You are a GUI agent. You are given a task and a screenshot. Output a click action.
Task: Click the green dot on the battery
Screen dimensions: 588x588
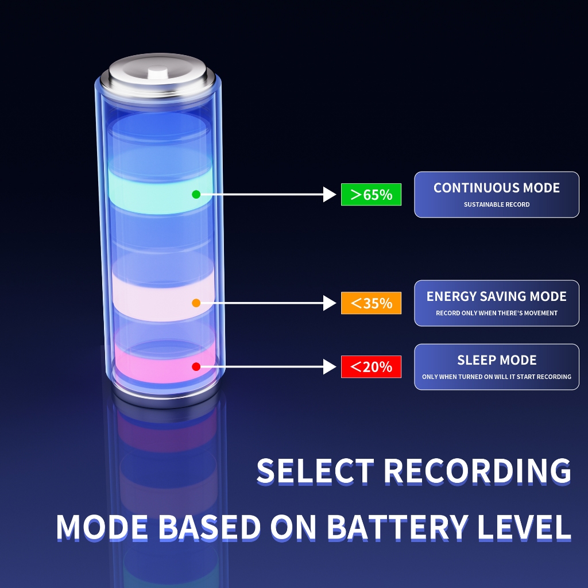(x=196, y=194)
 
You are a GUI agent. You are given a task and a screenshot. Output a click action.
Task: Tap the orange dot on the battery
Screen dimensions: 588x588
(x=196, y=303)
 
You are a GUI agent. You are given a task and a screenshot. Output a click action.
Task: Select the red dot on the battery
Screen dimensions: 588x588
(x=196, y=366)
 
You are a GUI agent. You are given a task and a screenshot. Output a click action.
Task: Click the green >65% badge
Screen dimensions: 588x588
(x=371, y=194)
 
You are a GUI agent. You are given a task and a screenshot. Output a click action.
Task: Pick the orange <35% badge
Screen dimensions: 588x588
(x=371, y=303)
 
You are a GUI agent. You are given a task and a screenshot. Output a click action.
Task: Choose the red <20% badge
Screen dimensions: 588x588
(x=371, y=366)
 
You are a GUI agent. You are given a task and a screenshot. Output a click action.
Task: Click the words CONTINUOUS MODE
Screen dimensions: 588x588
(x=497, y=188)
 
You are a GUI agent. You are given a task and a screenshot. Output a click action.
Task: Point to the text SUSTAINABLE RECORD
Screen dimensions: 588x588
(x=497, y=204)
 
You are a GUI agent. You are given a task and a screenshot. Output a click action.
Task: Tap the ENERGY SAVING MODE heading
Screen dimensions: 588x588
(x=497, y=296)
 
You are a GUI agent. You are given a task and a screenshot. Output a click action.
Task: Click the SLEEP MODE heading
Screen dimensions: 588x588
(x=497, y=360)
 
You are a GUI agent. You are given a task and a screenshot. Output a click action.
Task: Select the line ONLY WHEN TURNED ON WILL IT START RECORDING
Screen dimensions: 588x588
(x=497, y=377)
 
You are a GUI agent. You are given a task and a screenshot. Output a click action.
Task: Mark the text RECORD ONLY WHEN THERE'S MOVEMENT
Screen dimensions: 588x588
(x=497, y=313)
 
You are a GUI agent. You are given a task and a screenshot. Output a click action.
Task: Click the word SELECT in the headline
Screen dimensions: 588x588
(x=315, y=471)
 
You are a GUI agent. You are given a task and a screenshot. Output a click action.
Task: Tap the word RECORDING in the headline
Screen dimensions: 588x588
(x=478, y=471)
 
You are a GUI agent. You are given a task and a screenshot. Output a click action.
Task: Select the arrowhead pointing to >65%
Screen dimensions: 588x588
(x=329, y=194)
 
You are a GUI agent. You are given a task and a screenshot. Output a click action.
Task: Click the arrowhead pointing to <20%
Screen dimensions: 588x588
(x=329, y=366)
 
